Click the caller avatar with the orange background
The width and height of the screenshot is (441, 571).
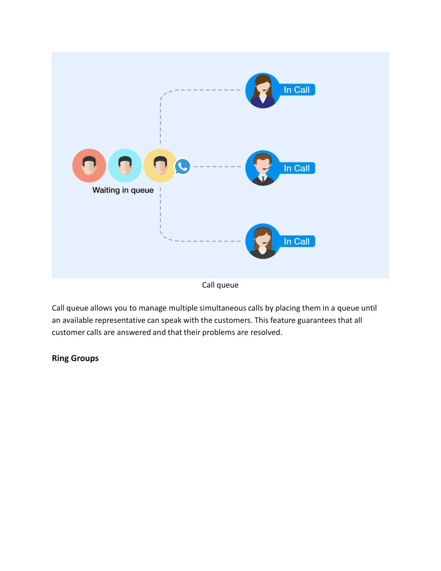pos(89,165)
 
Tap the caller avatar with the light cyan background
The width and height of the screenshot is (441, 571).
pos(125,165)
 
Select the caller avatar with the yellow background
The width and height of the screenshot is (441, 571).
pos(160,165)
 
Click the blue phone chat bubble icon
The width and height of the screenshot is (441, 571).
pos(183,166)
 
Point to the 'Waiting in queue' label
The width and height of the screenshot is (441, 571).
pos(123,190)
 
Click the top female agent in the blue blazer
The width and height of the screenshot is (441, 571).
pos(263,90)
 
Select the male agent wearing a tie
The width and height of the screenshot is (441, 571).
pos(263,168)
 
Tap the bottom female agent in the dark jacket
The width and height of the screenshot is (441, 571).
pos(263,241)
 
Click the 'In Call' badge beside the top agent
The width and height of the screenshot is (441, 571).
pos(297,90)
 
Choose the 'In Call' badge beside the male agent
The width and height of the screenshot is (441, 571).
pos(297,168)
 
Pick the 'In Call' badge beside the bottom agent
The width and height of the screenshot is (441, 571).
pos(297,241)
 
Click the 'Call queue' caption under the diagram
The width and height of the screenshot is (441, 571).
pos(220,285)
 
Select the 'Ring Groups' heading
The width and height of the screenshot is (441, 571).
pos(75,358)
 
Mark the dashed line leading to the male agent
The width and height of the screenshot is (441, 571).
pos(217,167)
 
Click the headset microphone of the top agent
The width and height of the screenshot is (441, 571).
pos(266,90)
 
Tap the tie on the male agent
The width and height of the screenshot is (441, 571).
pos(263,179)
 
